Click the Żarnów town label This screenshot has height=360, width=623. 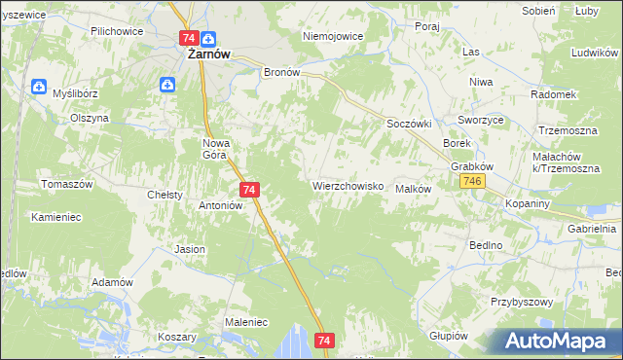point(208,55)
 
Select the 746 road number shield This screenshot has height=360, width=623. point(474,183)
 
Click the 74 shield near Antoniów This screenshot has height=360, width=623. point(249,190)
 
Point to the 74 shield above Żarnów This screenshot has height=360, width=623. point(190,38)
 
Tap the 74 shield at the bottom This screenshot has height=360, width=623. point(325,341)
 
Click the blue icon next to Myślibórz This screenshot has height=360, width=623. point(38,86)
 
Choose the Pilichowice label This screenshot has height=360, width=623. point(116,31)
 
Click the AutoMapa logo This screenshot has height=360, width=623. point(551,340)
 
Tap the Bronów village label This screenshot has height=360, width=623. point(282,72)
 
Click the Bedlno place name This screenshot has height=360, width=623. point(485,245)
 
